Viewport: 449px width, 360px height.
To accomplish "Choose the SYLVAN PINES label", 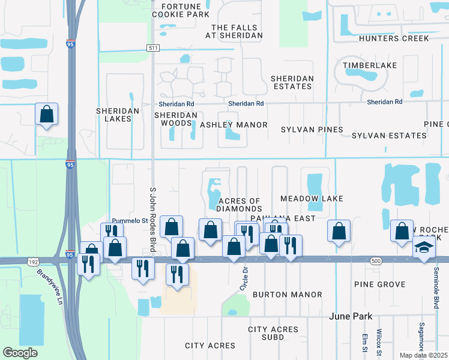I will pos(312,130).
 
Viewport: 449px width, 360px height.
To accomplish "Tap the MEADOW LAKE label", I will pos(312,199).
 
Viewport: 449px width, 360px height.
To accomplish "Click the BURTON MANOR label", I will pos(287,295).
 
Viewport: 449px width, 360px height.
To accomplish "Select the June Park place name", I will pos(351,316).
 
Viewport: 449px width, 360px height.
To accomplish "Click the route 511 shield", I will pos(154,48).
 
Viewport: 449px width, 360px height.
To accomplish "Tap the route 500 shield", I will pos(376,260).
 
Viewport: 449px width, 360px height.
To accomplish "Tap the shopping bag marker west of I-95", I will pos(47,113).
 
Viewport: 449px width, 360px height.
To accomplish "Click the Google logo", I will pos(20,352).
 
